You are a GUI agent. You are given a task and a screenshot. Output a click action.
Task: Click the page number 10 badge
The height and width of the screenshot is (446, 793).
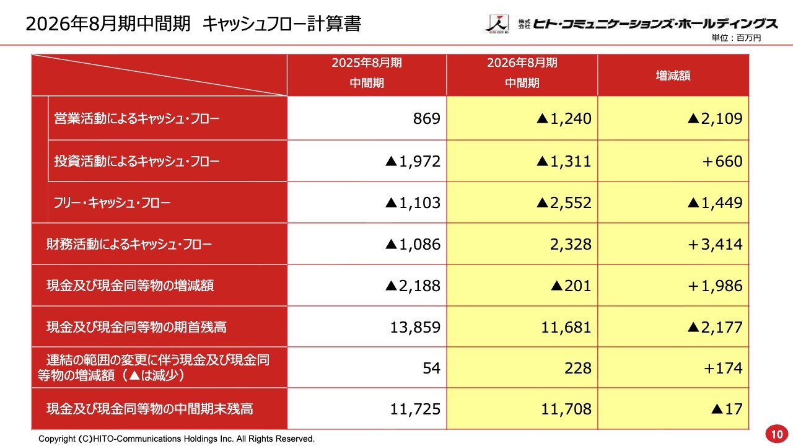point(776,432)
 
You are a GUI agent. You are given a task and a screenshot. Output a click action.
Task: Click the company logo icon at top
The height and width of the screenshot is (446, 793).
point(496,24)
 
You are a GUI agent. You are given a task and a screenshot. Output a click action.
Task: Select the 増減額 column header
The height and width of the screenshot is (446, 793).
point(673,76)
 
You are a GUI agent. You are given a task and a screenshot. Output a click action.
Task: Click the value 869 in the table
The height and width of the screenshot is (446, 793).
point(426,119)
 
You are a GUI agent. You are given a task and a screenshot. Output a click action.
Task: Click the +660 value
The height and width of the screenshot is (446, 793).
point(722,161)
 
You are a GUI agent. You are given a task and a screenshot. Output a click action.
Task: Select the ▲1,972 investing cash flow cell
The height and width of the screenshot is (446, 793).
point(413,161)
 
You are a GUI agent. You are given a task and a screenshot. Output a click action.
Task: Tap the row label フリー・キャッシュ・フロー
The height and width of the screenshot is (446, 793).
point(112,203)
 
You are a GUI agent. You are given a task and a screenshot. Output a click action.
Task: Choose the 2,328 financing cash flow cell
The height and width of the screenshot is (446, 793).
point(570,244)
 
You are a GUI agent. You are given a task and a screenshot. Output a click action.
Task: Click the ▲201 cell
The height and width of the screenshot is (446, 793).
point(571,286)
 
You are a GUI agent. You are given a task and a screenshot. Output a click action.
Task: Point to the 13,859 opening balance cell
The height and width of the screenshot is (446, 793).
point(415,327)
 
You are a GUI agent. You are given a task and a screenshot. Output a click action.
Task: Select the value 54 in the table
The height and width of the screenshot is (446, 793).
point(431,368)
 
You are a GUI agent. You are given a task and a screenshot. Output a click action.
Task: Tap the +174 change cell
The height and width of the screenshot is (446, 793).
point(722,368)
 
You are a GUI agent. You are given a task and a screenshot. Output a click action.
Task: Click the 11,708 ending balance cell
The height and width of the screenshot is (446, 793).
point(566,409)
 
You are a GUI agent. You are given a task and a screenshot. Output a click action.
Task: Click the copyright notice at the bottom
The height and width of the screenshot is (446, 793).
point(177,439)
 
